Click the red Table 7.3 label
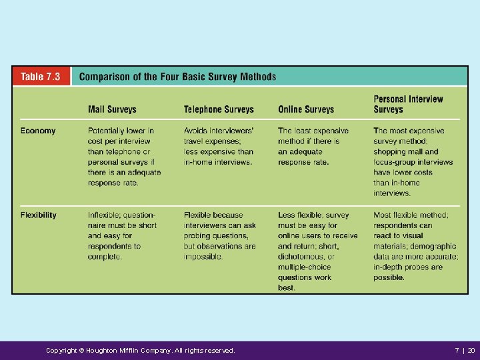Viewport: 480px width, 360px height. click(40, 77)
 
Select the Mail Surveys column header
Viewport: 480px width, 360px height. click(112, 109)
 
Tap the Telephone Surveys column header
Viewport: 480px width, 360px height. click(219, 109)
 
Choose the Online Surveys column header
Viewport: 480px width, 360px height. click(306, 109)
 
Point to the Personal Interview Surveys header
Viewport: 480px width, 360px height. click(408, 104)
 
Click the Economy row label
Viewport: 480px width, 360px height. click(38, 131)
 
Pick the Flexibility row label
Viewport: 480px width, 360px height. click(39, 215)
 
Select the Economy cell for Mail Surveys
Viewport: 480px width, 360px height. click(124, 157)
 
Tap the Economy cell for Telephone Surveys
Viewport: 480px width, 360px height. click(219, 146)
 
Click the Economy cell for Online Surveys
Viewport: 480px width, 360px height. click(313, 146)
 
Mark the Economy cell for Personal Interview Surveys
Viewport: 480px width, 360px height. click(413, 162)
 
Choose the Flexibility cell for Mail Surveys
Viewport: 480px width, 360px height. click(122, 235)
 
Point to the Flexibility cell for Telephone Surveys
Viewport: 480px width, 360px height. click(219, 235)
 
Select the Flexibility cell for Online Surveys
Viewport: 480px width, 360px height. click(317, 251)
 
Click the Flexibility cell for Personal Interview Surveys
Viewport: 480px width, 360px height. click(415, 241)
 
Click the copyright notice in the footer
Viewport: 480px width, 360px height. click(140, 350)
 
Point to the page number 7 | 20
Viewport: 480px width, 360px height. click(465, 350)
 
